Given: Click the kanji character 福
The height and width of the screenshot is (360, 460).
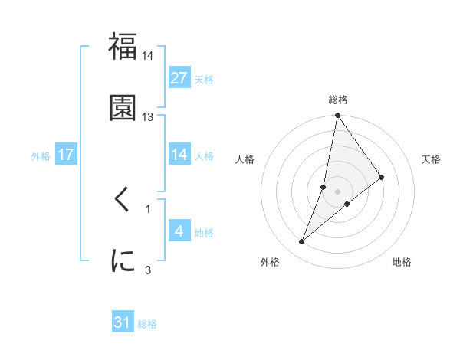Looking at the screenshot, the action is (x=123, y=47).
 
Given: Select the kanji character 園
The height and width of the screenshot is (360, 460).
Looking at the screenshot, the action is (x=123, y=107).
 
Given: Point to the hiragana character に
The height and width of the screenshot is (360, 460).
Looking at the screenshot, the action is (x=123, y=260).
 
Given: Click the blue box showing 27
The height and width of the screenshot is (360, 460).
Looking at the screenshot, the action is (x=179, y=78).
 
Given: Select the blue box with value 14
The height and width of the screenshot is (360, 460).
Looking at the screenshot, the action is (x=179, y=155).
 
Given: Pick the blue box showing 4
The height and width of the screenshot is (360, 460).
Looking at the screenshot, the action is (x=179, y=231).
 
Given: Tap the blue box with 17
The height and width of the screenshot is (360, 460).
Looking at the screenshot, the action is (x=66, y=155).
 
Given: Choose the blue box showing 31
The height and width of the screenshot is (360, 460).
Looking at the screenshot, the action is (x=123, y=323).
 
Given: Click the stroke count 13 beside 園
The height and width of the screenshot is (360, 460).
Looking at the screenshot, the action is (x=148, y=117).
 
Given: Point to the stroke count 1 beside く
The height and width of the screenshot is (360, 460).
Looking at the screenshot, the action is (x=148, y=208).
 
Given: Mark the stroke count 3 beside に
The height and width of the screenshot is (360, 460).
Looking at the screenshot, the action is (x=148, y=269).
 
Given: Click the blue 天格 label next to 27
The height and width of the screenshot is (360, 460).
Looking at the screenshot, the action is (x=204, y=80).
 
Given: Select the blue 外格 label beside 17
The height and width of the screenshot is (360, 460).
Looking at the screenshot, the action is (x=41, y=156).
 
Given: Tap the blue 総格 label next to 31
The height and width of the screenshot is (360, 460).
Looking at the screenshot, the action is (x=147, y=325).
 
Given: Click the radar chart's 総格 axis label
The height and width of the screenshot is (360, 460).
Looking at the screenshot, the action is (x=338, y=100).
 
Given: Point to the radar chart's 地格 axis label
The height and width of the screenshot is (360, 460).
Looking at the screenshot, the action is (x=402, y=262).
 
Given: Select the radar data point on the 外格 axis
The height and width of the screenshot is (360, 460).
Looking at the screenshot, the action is (x=301, y=242).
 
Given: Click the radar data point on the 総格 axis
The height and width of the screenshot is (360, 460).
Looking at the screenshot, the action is (x=338, y=116).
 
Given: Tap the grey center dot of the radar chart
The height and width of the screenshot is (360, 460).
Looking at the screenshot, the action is (x=338, y=191).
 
